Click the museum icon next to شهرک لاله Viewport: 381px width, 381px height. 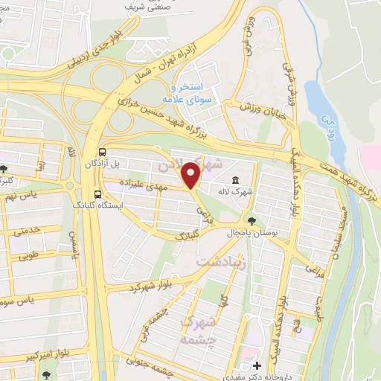click(235, 180)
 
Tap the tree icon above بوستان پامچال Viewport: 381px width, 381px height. click(253, 220)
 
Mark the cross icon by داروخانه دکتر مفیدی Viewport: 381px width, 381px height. click(257, 365)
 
